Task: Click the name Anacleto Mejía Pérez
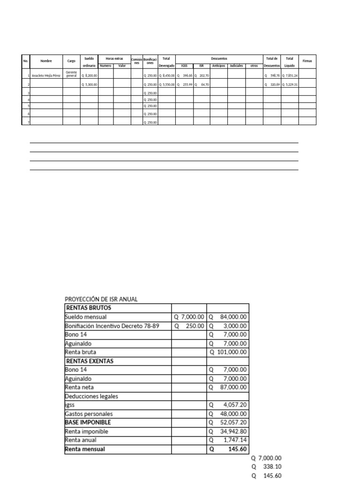coord(46,75)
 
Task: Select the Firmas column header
coord(307,61)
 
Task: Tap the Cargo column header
coord(71,61)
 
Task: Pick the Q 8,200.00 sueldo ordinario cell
coord(89,75)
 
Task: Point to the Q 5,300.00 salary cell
coord(89,85)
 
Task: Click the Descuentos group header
coord(219,59)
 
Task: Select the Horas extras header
coord(114,59)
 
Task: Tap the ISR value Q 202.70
coord(202,75)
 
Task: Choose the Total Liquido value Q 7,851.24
coord(290,75)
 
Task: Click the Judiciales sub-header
coord(236,66)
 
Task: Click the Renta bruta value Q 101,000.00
coord(229,352)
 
